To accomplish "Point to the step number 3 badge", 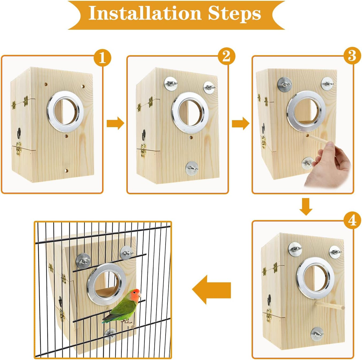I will (x=351, y=56).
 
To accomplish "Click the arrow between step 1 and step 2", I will (x=115, y=123).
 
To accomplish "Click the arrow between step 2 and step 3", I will (x=240, y=123).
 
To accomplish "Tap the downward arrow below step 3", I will (x=307, y=206).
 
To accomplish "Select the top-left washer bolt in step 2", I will (x=170, y=82).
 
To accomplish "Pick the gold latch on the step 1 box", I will (x=18, y=150).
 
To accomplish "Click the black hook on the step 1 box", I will (x=18, y=133).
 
